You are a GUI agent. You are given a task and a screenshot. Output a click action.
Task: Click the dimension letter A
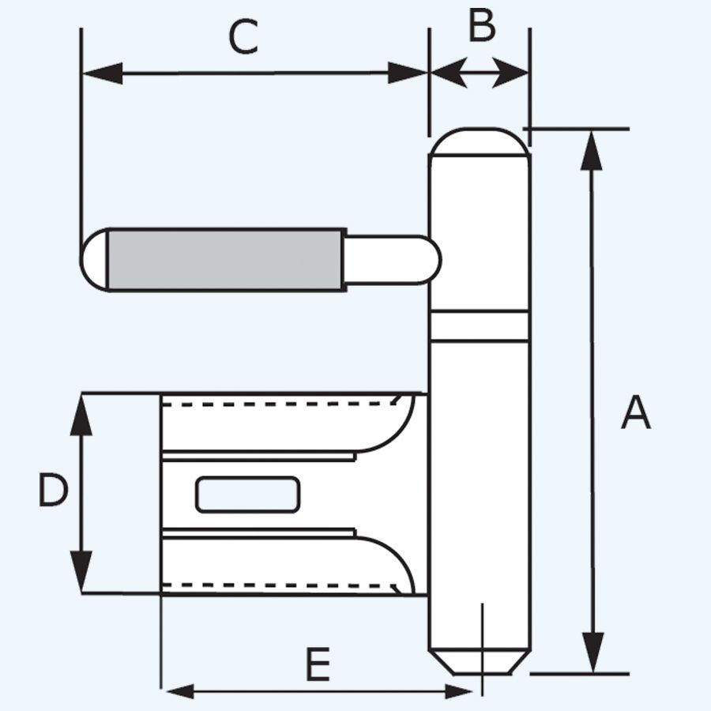(x=635, y=413)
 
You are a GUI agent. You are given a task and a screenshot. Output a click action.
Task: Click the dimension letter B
(x=481, y=26)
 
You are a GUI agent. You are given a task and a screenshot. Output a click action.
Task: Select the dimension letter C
(x=243, y=37)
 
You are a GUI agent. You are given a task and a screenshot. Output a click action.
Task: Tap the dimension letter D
(x=53, y=491)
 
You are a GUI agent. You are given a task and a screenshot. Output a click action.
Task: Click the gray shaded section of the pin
(x=225, y=260)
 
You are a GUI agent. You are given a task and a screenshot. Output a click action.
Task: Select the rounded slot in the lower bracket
(x=247, y=495)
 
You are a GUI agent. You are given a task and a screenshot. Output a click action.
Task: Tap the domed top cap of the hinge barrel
(x=480, y=141)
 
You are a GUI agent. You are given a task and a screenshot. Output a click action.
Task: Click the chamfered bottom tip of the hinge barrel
(x=480, y=662)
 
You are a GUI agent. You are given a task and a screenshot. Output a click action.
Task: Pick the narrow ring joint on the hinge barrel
(x=480, y=325)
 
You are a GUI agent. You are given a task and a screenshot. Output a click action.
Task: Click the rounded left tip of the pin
(x=94, y=260)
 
